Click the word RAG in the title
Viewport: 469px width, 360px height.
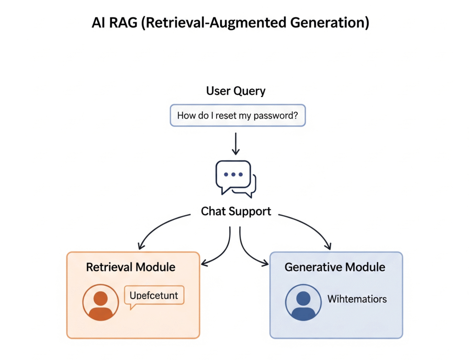click(x=123, y=22)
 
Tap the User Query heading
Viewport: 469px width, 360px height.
click(x=235, y=91)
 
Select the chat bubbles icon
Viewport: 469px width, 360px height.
click(x=235, y=179)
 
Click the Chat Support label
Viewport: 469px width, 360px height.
click(x=236, y=212)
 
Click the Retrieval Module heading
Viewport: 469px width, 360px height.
click(x=131, y=267)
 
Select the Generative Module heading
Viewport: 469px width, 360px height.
click(x=335, y=267)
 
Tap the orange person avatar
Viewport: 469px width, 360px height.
click(x=101, y=303)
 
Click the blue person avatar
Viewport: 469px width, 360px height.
click(x=303, y=303)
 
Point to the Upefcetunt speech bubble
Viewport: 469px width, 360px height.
click(x=154, y=296)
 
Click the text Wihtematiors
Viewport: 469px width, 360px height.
click(x=357, y=300)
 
